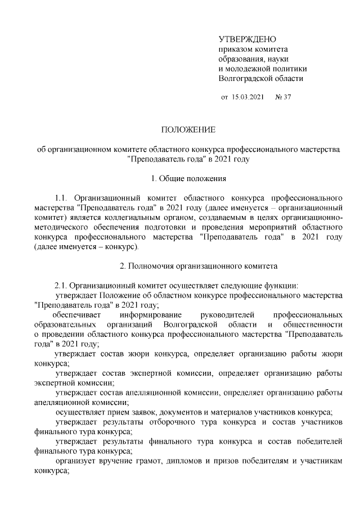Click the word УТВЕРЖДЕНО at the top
tap(247, 39)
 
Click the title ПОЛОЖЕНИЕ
tap(188, 130)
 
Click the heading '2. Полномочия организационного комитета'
tap(188, 265)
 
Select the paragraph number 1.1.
tap(61, 199)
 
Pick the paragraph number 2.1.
tap(61, 285)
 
